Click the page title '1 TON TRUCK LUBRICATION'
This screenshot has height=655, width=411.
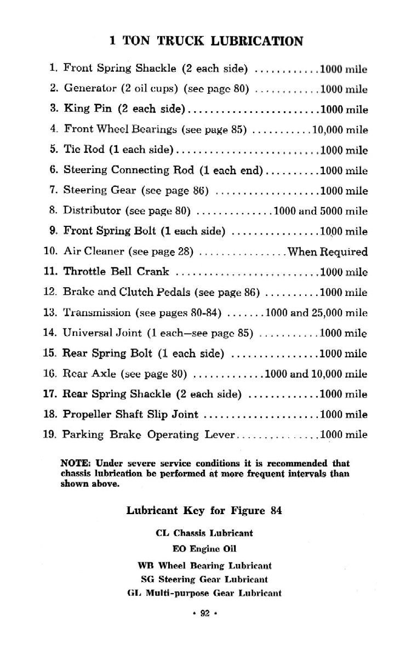pyautogui.click(x=206, y=41)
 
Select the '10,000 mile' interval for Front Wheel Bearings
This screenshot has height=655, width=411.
pyautogui.click(x=340, y=130)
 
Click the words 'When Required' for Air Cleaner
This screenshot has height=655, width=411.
pyautogui.click(x=328, y=252)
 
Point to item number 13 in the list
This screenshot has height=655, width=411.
pyautogui.click(x=50, y=312)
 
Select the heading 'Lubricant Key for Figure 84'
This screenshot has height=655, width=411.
pyautogui.click(x=204, y=510)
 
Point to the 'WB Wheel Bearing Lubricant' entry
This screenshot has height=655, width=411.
pyautogui.click(x=204, y=565)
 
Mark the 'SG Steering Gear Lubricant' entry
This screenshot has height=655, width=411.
pyautogui.click(x=204, y=579)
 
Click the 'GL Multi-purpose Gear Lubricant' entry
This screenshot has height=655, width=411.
pyautogui.click(x=204, y=593)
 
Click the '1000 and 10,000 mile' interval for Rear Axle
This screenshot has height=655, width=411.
pyautogui.click(x=316, y=374)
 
